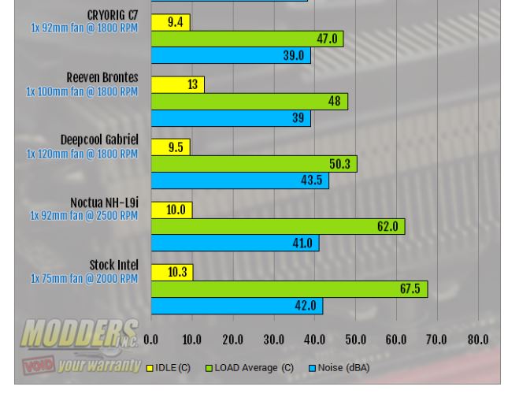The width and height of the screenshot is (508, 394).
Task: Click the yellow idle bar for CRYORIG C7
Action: [x=170, y=22]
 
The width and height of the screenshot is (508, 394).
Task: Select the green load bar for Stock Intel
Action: [x=289, y=289]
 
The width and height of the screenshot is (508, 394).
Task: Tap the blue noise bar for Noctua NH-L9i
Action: [x=235, y=243]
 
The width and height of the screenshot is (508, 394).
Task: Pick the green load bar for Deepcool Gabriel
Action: [x=254, y=164]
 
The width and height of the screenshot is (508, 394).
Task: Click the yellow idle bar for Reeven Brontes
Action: [x=177, y=84]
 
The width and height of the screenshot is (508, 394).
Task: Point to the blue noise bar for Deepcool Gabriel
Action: [x=239, y=180]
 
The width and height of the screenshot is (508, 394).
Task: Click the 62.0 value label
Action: [x=388, y=227]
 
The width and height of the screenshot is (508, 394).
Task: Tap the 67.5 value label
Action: [x=410, y=289]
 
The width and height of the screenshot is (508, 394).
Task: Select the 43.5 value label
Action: [x=312, y=180]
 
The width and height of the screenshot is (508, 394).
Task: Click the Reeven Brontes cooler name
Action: [x=102, y=78]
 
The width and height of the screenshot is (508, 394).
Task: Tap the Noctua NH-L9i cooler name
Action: [x=104, y=203]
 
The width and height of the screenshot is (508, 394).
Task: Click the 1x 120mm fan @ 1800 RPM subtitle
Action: [x=82, y=154]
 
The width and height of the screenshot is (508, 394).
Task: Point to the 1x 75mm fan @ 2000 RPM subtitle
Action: [x=84, y=278]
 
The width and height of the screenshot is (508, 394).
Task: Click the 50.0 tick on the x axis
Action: [x=355, y=340]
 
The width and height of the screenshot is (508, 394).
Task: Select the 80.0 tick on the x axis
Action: [x=477, y=340]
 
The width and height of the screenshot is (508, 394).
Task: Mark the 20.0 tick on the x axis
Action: [x=232, y=340]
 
